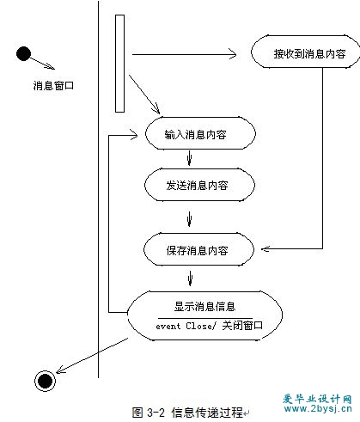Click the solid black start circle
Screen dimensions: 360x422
23,53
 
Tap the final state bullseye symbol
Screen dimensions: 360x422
45,381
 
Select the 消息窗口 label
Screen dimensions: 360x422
53,85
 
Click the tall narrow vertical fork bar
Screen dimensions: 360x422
119,64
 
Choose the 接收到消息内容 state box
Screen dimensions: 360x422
305,52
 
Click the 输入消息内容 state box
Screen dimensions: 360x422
200,133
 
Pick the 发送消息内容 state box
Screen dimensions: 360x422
199,185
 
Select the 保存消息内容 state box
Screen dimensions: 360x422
198,249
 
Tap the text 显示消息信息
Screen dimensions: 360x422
204,307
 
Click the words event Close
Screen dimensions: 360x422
185,326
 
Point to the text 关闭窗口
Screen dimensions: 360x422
242,326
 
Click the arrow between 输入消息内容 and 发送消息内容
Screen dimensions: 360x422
189,158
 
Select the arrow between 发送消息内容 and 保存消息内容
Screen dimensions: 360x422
189,219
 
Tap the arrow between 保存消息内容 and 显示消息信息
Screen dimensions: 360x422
190,278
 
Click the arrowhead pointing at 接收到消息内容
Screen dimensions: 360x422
233,54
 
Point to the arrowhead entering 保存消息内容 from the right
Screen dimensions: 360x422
265,249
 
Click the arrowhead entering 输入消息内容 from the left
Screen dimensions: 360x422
134,135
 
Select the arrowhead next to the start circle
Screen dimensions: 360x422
50,67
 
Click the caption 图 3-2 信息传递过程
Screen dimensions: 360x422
187,413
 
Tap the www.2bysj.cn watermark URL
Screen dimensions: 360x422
318,408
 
